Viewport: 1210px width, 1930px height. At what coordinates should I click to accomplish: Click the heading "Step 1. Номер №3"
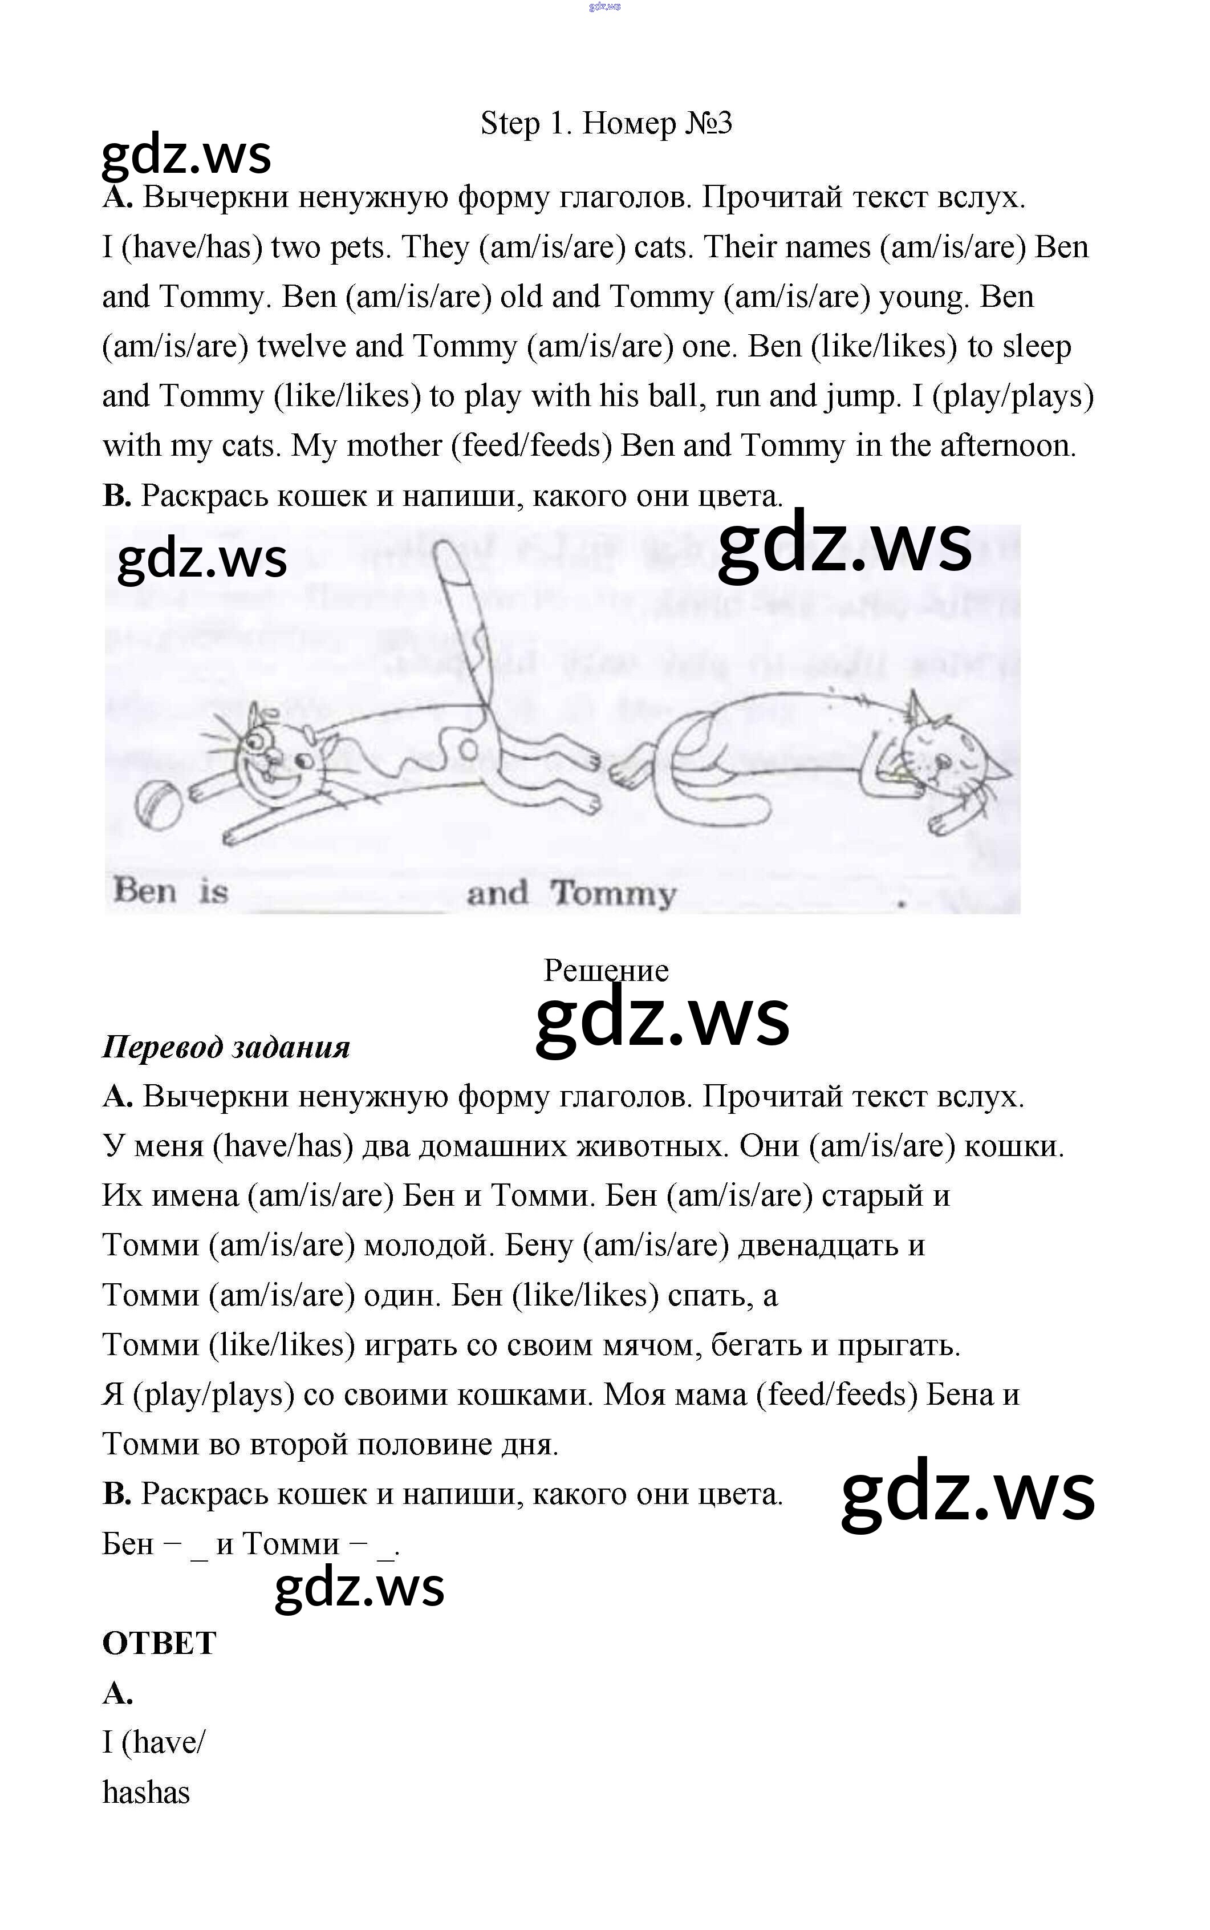pyautogui.click(x=606, y=123)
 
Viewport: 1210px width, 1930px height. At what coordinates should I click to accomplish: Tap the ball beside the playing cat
pyautogui.click(x=159, y=805)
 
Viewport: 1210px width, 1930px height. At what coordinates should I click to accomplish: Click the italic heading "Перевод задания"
pyautogui.click(x=226, y=1047)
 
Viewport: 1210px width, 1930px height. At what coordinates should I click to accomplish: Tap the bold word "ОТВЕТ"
pyautogui.click(x=159, y=1643)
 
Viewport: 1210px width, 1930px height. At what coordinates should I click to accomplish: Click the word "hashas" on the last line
pyautogui.click(x=147, y=1793)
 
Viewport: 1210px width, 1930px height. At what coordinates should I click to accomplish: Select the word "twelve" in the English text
pyautogui.click(x=301, y=346)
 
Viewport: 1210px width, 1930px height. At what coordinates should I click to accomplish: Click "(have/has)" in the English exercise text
pyautogui.click(x=192, y=248)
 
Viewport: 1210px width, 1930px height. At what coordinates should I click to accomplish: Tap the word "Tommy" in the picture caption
pyautogui.click(x=612, y=893)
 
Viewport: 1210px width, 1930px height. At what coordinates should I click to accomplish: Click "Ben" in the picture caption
pyautogui.click(x=145, y=890)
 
